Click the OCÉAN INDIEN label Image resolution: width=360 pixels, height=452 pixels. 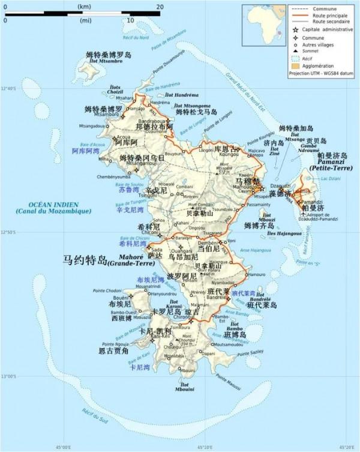[x=54, y=205]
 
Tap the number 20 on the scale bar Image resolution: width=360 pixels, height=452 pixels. [x=159, y=6]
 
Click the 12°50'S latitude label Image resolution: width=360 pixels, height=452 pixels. [x=9, y=232]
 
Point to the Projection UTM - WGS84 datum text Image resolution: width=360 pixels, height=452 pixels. [x=321, y=73]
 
